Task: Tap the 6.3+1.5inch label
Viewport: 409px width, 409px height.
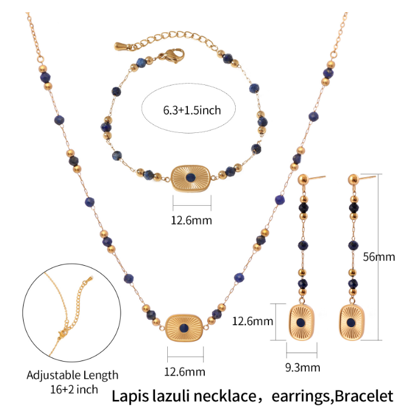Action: [x=192, y=110]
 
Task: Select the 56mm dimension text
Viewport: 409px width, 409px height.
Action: [x=379, y=257]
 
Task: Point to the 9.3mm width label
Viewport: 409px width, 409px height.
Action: [x=302, y=368]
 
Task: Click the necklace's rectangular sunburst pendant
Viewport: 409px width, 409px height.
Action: [x=184, y=328]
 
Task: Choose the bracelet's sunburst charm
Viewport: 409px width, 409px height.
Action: [x=191, y=178]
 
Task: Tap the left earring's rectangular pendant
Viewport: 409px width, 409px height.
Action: [x=301, y=322]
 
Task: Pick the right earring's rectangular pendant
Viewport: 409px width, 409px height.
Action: [x=351, y=322]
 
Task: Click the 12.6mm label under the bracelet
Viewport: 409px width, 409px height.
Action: [x=191, y=221]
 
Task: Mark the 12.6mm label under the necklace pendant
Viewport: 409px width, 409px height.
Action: [x=184, y=372]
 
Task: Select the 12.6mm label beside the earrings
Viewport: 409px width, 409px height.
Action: [x=253, y=321]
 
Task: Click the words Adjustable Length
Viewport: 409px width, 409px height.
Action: [x=73, y=375]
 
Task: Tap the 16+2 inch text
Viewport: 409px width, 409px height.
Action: [x=74, y=390]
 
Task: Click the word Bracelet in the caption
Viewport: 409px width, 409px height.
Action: [x=364, y=396]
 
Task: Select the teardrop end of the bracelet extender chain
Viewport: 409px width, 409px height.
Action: [x=121, y=46]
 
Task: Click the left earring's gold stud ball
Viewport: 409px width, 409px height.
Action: [x=303, y=180]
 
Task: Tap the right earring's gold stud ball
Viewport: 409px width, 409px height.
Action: [x=353, y=180]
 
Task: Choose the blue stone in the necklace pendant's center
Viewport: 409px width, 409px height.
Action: [x=184, y=328]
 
